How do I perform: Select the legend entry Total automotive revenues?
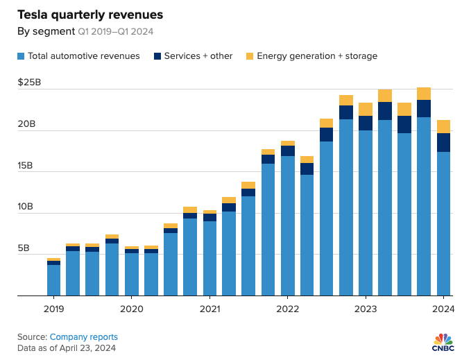(83, 55)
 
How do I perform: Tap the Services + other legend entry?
(198, 55)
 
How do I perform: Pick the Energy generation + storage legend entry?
(316, 55)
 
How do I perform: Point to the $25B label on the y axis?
(31, 83)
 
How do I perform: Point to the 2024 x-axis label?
(443, 309)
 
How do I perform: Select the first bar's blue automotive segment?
(53, 280)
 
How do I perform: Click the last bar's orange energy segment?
(443, 126)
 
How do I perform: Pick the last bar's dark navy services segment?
(443, 142)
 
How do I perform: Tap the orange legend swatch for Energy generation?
(250, 55)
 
